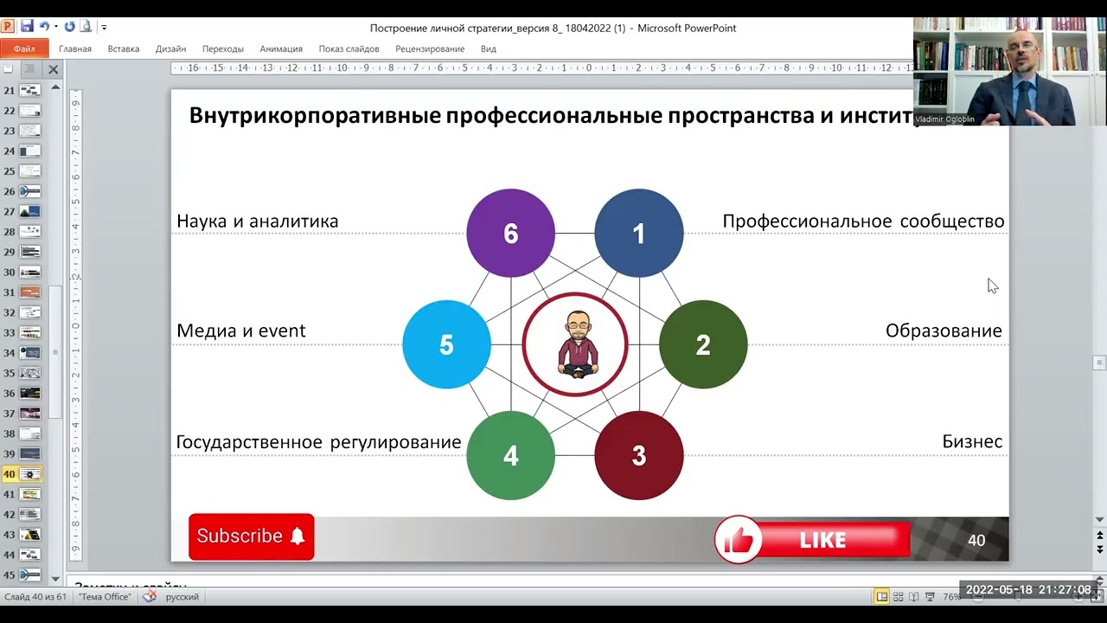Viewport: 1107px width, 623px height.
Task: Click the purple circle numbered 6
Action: pos(510,233)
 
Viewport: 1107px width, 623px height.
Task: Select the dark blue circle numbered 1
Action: pos(638,233)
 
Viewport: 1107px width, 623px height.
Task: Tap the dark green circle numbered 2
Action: pos(703,344)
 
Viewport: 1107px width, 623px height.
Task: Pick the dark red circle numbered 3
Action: pos(638,456)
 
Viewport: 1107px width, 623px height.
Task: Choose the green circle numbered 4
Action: pos(510,456)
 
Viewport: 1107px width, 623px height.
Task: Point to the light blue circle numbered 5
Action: pos(446,344)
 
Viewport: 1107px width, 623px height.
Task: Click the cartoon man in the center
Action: pos(575,344)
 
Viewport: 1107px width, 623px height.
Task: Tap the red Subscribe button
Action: pos(251,536)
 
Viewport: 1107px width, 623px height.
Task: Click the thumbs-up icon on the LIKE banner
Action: pos(738,541)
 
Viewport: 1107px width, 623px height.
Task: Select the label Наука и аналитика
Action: pos(257,222)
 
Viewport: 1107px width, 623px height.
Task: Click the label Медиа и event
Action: pos(240,331)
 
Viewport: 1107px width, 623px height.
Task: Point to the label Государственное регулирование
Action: pos(318,442)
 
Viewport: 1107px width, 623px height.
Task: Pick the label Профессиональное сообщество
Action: pos(863,222)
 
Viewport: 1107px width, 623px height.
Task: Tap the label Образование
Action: pos(943,331)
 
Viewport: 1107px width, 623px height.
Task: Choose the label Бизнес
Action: pos(971,442)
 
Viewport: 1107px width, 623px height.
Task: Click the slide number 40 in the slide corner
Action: pos(976,541)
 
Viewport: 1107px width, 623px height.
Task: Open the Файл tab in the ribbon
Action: pos(24,49)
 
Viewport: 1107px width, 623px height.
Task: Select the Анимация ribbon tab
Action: pos(281,49)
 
